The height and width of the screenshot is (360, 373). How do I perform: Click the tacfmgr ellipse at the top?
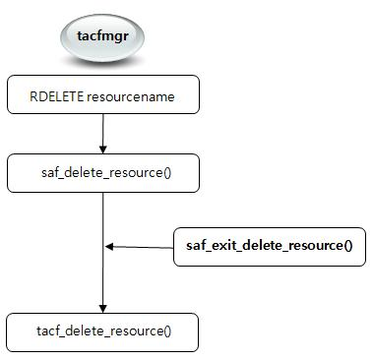click(x=103, y=40)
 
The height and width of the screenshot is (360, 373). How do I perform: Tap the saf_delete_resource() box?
click(x=103, y=173)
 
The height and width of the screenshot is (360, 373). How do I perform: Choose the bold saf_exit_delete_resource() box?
click(x=269, y=246)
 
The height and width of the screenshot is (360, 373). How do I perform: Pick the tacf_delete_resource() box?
click(x=103, y=330)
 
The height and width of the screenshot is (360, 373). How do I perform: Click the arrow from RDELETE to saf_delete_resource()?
click(x=103, y=133)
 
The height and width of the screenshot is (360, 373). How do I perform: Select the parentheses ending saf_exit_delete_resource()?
click(x=347, y=246)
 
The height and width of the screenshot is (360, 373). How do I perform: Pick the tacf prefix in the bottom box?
click(x=49, y=331)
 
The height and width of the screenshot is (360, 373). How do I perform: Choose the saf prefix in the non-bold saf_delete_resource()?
click(x=46, y=173)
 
